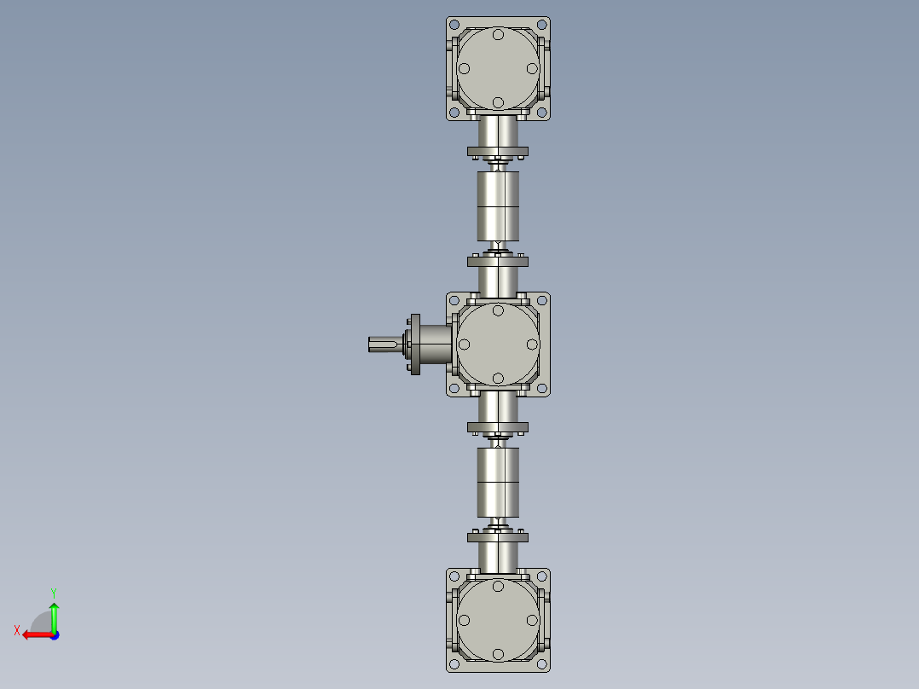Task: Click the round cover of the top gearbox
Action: [x=498, y=68]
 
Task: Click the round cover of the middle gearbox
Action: [x=498, y=344]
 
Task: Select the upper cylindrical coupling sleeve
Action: [x=498, y=206]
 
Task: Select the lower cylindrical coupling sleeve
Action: [x=498, y=482]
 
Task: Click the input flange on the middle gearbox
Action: [x=416, y=344]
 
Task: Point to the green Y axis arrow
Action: [x=54, y=612]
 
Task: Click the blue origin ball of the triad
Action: [x=54, y=634]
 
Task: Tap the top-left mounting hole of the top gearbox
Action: [x=454, y=26]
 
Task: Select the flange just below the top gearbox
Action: [x=498, y=153]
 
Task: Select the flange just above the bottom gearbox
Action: [x=498, y=536]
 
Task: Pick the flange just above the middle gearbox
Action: [x=498, y=261]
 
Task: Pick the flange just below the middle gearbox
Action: [x=498, y=426]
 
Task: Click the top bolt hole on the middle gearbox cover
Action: [x=498, y=310]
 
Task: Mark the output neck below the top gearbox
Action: [x=498, y=131]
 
